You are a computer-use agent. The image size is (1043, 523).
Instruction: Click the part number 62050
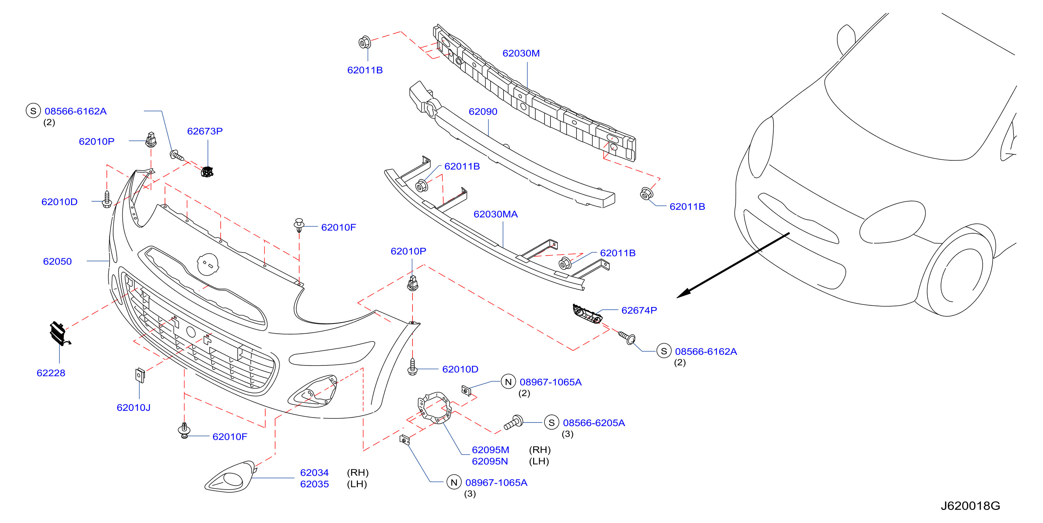tap(57, 261)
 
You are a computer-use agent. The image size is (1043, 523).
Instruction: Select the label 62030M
tap(521, 54)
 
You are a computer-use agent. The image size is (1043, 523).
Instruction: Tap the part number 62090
tap(483, 112)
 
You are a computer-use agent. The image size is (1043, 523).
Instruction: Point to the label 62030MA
tap(496, 214)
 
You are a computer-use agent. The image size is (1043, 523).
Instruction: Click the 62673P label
tap(205, 131)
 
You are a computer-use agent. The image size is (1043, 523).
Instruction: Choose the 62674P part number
tap(639, 310)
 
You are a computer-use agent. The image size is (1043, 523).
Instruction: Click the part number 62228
tap(51, 373)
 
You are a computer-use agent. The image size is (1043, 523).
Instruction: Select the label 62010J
tap(133, 408)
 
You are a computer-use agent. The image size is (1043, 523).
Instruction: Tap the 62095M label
tap(490, 450)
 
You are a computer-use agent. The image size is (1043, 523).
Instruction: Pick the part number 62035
tap(314, 484)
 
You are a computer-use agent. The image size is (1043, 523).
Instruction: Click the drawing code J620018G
tap(970, 506)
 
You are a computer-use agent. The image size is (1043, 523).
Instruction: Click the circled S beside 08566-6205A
tap(551, 423)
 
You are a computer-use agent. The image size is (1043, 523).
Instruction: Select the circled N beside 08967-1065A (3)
tap(453, 482)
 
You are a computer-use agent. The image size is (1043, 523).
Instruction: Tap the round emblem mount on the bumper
tap(208, 264)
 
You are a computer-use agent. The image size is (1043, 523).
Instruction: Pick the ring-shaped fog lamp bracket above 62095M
tap(434, 408)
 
